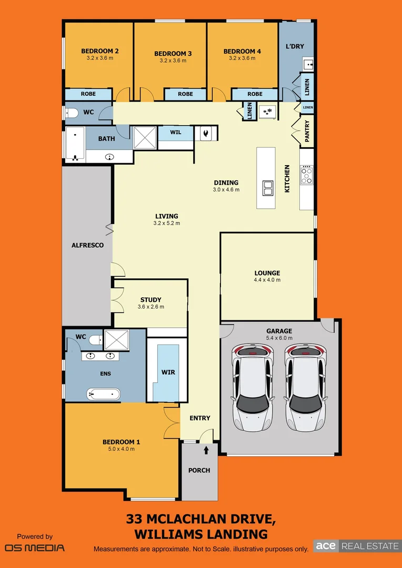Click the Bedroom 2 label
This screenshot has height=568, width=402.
point(99,51)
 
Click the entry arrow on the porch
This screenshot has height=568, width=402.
point(206,450)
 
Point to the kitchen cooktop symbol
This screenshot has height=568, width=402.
point(306,175)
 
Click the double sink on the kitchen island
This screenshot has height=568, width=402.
point(267,188)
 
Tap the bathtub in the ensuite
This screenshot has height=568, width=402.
point(103,394)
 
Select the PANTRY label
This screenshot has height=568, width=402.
point(307,131)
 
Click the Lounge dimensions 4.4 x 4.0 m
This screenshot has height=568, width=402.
point(267,280)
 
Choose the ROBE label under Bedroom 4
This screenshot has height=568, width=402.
point(255,94)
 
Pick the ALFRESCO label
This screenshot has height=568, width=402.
point(87,245)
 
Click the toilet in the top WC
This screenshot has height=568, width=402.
point(72,113)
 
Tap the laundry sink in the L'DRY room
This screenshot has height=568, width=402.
point(308,65)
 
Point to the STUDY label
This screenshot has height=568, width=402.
point(150,300)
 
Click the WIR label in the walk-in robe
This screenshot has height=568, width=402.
point(168,372)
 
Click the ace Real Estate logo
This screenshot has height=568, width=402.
point(357,546)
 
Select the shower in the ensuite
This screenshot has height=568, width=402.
point(113,340)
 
